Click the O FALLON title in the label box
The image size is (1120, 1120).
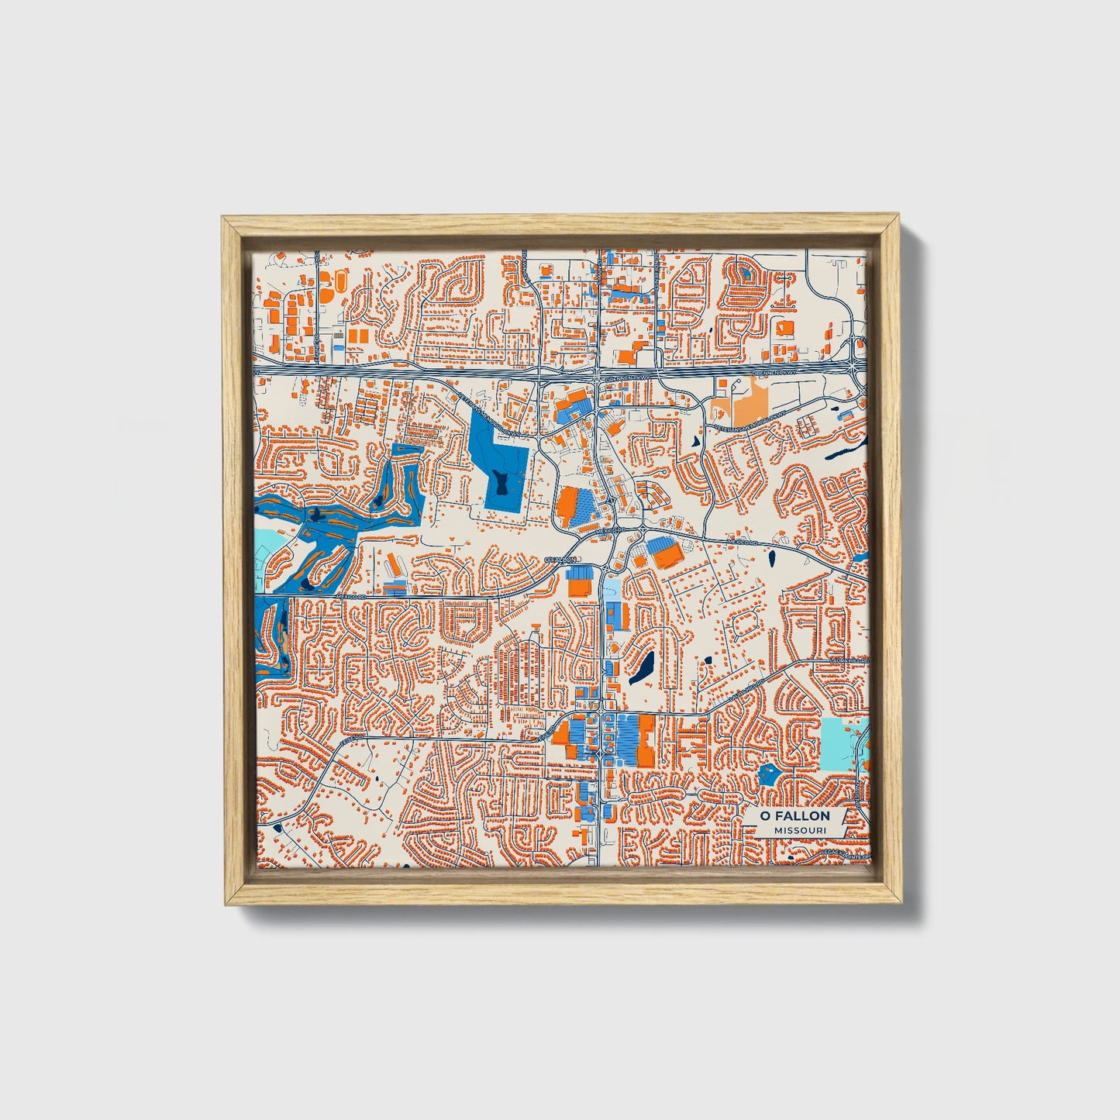(794, 815)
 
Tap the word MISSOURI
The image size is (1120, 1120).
(798, 830)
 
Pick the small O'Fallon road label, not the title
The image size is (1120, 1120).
(561, 559)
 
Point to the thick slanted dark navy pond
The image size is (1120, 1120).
(642, 667)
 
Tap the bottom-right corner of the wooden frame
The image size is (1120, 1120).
(901, 903)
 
